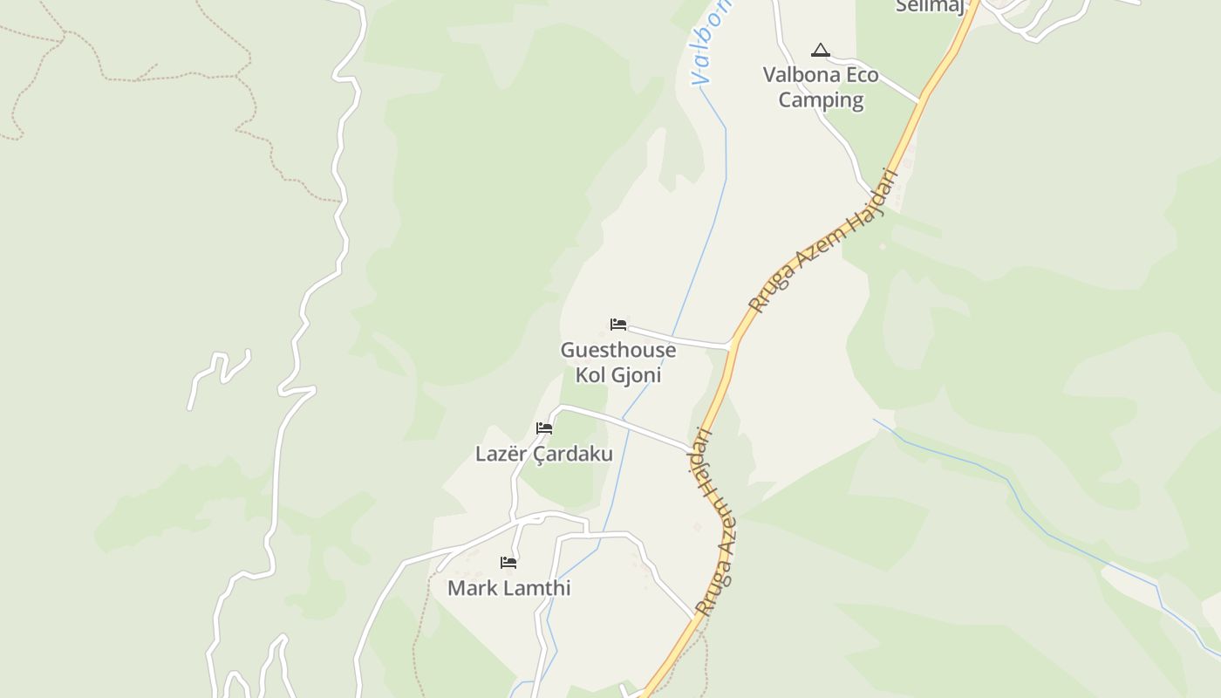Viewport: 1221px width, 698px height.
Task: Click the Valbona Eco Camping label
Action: pyautogui.click(x=821, y=87)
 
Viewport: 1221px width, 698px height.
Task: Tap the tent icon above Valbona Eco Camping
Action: pyautogui.click(x=820, y=50)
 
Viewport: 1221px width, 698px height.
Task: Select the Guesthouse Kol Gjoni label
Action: pyautogui.click(x=617, y=362)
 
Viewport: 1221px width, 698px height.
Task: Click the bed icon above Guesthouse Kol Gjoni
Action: pyautogui.click(x=618, y=325)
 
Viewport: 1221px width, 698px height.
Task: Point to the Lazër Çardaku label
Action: pyautogui.click(x=543, y=454)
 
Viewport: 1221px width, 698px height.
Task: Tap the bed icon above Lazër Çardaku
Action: pyautogui.click(x=544, y=428)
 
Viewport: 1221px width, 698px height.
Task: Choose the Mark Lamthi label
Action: pyautogui.click(x=508, y=588)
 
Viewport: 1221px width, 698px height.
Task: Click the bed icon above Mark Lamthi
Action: pyautogui.click(x=508, y=562)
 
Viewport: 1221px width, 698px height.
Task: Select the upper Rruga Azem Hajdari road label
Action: pyautogui.click(x=823, y=242)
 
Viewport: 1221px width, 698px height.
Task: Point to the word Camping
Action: pyautogui.click(x=821, y=100)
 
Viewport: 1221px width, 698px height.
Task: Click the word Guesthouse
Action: pyautogui.click(x=617, y=350)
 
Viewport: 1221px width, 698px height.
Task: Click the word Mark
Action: pyautogui.click(x=469, y=588)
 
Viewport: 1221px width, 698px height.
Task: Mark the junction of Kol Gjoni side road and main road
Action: pyautogui.click(x=731, y=347)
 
